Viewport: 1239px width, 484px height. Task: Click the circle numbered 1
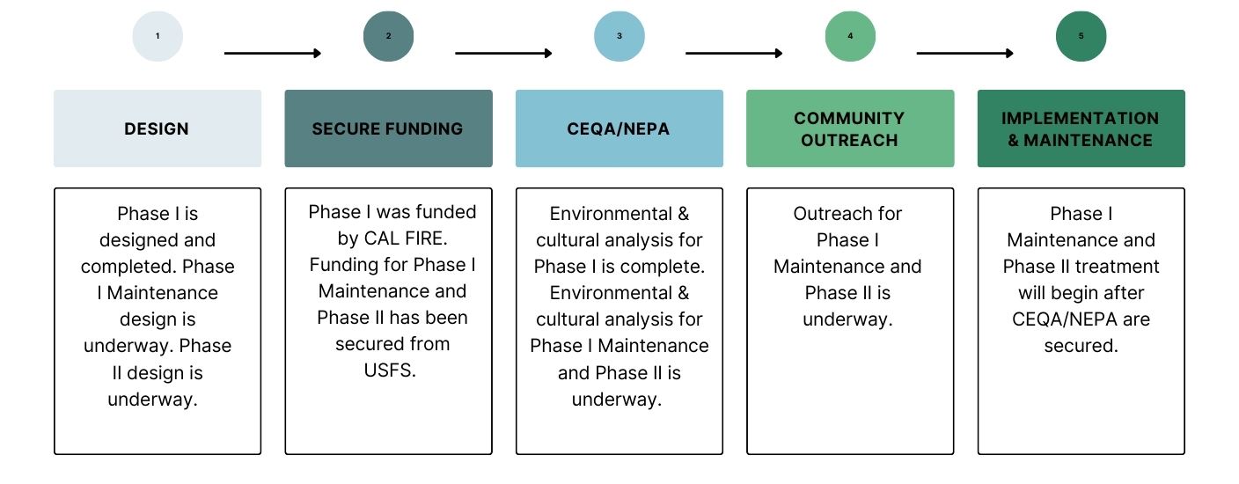[x=158, y=37]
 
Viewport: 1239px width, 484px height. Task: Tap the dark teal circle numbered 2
[x=388, y=37]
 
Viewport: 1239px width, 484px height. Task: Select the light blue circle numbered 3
[x=619, y=37]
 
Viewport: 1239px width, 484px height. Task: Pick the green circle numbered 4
[x=850, y=37]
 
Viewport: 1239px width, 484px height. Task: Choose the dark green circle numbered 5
[x=1081, y=37]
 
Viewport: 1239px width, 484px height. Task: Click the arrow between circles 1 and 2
[x=273, y=54]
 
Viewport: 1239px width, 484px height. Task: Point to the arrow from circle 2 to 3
[x=503, y=54]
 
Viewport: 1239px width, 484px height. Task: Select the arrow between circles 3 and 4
[x=734, y=54]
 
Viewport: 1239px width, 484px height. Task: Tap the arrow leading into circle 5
[x=964, y=54]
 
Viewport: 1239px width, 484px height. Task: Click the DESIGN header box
[x=158, y=128]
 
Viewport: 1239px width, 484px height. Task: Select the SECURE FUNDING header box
[x=388, y=128]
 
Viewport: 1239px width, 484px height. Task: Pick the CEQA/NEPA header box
[x=619, y=128]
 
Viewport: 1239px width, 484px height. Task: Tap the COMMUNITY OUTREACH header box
[x=850, y=128]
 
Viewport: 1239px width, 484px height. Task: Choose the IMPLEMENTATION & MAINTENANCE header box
[x=1081, y=128]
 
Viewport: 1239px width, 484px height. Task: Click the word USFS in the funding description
[x=388, y=370]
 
